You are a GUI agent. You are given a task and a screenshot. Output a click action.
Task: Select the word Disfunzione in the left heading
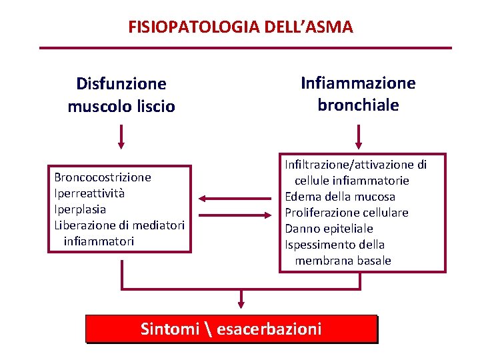[x=121, y=84]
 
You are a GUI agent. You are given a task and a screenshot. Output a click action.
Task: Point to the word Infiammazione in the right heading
[x=358, y=83]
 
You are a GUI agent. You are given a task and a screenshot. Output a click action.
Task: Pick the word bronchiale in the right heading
[x=358, y=105]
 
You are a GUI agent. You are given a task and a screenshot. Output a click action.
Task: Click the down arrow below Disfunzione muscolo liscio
[x=121, y=136]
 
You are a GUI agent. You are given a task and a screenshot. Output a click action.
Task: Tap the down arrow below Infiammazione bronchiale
[x=359, y=136]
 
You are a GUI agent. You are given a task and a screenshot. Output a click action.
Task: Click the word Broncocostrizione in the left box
[x=103, y=177]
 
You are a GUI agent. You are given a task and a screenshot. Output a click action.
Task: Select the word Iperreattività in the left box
[x=89, y=193]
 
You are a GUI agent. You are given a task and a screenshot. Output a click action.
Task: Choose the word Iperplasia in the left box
[x=80, y=209]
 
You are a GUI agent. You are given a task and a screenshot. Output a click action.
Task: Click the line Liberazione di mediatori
[x=119, y=225]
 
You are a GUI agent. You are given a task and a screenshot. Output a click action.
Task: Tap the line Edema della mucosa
[x=340, y=197]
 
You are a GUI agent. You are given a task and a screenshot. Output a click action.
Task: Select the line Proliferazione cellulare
[x=347, y=213]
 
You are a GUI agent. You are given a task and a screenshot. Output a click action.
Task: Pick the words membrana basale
[x=343, y=261]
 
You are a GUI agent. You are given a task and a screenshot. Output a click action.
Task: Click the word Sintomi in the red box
[x=170, y=329]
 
